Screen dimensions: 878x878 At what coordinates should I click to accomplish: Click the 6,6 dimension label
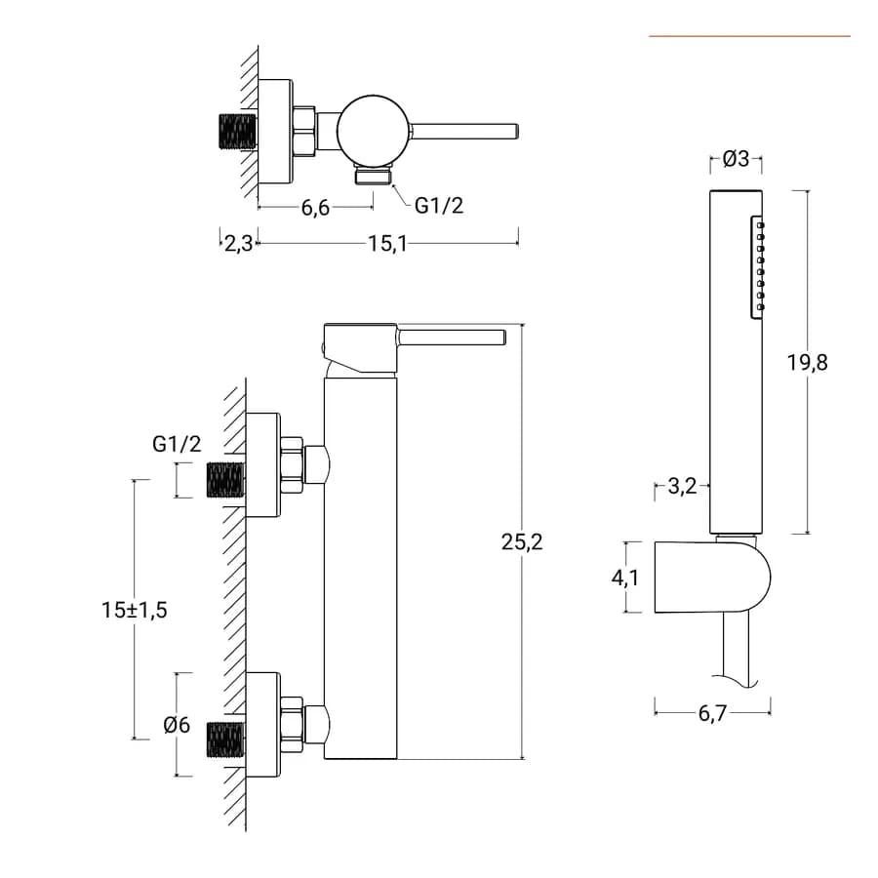click(315, 208)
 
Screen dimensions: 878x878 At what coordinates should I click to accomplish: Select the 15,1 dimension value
click(387, 244)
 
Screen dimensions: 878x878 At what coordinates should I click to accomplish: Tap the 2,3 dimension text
click(239, 244)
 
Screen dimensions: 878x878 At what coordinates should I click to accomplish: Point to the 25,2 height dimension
click(522, 542)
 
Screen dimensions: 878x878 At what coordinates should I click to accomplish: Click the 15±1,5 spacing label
click(135, 610)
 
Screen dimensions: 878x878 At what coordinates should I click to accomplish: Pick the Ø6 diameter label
click(177, 725)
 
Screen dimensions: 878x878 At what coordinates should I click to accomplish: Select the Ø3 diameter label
click(736, 159)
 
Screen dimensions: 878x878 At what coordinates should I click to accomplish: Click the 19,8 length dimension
click(808, 363)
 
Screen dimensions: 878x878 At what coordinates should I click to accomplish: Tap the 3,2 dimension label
click(682, 486)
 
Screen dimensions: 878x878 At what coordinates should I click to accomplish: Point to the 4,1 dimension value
click(625, 578)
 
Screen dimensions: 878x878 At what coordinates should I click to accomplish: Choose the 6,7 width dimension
click(712, 713)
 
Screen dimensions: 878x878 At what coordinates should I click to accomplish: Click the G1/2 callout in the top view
click(438, 206)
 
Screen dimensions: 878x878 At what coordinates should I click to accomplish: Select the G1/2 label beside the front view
click(177, 444)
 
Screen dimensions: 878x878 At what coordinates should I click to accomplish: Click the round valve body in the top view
click(373, 130)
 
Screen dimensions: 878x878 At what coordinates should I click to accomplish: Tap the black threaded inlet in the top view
click(237, 132)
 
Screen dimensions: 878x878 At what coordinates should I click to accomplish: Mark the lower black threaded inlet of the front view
click(226, 739)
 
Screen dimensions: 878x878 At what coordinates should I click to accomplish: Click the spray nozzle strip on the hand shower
click(757, 267)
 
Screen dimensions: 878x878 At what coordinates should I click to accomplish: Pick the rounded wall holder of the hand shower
click(712, 577)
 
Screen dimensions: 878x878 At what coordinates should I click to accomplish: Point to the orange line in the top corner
click(750, 36)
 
